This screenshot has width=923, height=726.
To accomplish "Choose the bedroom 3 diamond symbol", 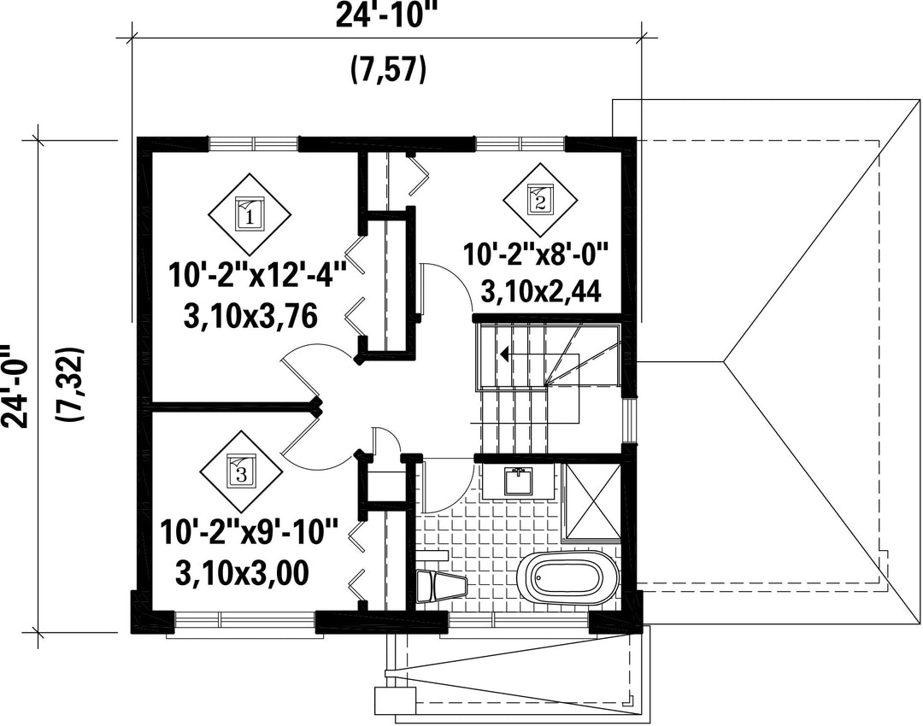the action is coord(241,471).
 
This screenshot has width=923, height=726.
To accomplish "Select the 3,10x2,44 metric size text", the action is coord(541,291).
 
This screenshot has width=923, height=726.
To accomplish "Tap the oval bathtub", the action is coord(568,578).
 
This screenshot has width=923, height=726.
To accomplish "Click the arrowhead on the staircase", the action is coord(504,354).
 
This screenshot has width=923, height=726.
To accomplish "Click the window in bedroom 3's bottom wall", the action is coord(244,619).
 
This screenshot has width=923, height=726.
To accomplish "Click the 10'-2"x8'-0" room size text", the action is coord(534,255).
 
